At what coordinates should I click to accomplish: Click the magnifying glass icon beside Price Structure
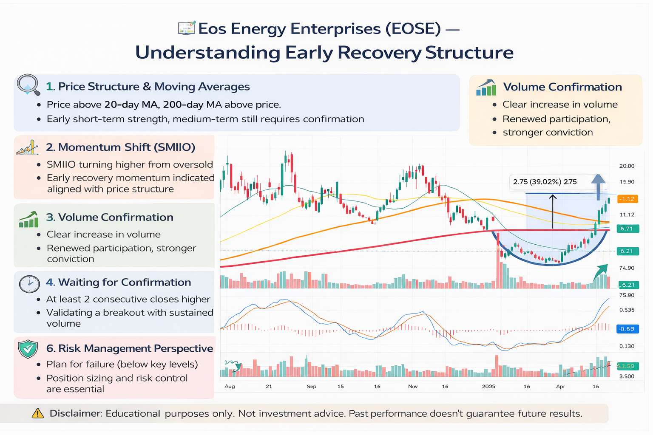[28, 85]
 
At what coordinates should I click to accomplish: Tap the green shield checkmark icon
[28, 349]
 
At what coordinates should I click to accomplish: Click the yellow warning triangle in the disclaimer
[38, 413]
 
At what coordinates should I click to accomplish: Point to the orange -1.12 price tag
[627, 199]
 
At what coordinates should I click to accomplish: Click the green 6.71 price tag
[627, 229]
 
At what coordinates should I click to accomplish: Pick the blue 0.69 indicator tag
[627, 329]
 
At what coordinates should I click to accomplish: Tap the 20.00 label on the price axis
[627, 166]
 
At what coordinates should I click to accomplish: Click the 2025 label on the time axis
[488, 387]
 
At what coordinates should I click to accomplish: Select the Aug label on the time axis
[230, 387]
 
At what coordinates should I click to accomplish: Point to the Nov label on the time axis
[413, 387]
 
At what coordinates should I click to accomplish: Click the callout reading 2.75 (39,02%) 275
[545, 182]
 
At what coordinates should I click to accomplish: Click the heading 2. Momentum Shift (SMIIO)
[120, 147]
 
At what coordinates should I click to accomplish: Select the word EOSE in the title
[413, 29]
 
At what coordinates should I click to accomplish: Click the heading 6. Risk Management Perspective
[129, 348]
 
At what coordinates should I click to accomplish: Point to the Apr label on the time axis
[560, 387]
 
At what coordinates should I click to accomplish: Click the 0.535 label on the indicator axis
[627, 310]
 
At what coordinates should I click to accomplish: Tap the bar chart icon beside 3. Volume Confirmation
[28, 219]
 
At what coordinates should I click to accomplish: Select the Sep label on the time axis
[311, 387]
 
